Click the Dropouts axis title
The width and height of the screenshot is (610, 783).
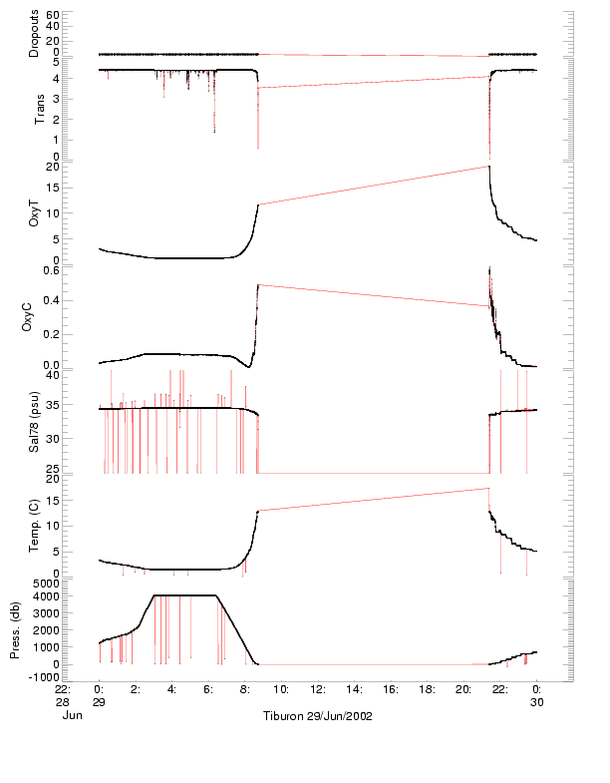(35, 33)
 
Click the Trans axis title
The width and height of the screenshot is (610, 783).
(39, 108)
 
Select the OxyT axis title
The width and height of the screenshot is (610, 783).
(35, 212)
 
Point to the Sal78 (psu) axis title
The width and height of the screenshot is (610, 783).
(35, 422)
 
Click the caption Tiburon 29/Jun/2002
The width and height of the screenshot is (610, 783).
(317, 716)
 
